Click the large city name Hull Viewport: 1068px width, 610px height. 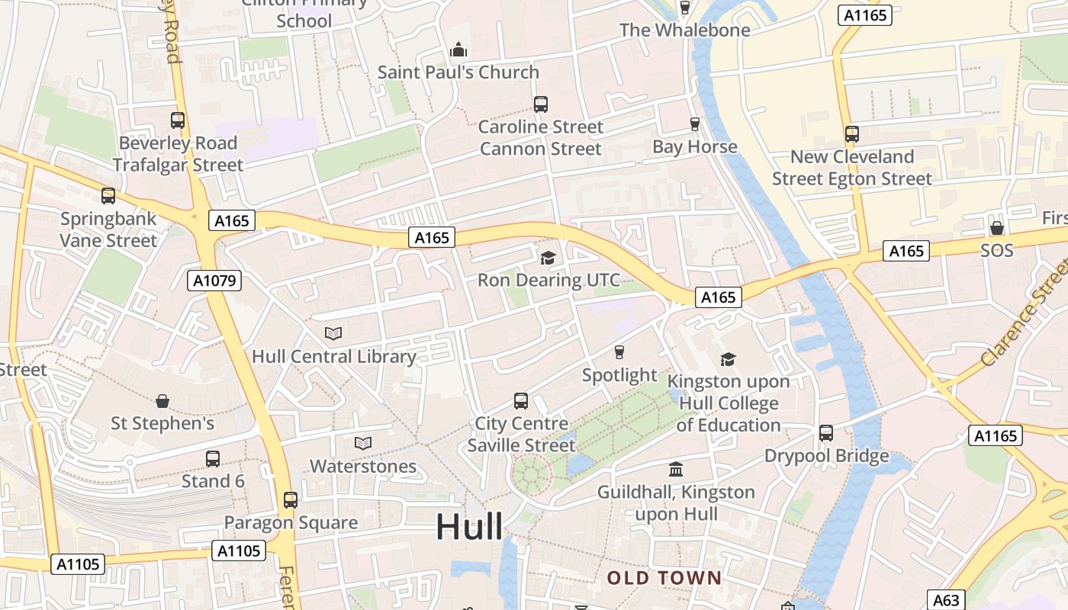tap(469, 527)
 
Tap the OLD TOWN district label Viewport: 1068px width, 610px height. tap(664, 578)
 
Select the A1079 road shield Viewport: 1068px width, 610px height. tap(214, 281)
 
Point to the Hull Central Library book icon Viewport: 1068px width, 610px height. tap(333, 333)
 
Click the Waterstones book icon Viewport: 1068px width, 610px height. tap(363, 443)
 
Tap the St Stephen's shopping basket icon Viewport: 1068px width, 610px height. tap(162, 400)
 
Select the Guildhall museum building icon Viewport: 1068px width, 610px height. tap(676, 469)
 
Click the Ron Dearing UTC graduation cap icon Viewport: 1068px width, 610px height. tap(548, 258)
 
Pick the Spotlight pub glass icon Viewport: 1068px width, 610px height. tap(619, 352)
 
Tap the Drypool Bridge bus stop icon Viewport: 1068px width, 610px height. tap(826, 433)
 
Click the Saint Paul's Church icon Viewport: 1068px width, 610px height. tap(458, 50)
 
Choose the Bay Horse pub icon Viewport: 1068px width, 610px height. tap(694, 124)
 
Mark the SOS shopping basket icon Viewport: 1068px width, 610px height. tap(996, 228)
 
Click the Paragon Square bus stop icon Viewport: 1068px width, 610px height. tap(291, 500)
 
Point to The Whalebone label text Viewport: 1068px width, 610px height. tap(684, 30)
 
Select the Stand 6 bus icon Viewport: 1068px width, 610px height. tap(213, 459)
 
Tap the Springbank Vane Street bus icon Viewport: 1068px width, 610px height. tap(108, 196)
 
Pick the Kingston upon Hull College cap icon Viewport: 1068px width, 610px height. tap(729, 359)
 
